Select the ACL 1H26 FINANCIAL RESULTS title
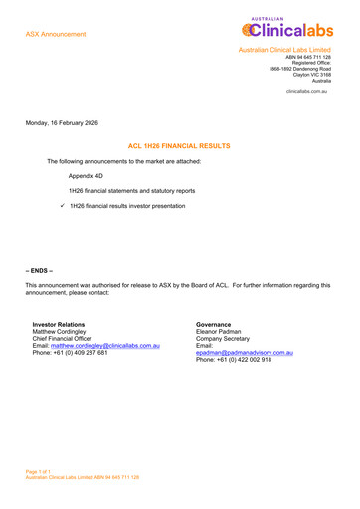[179, 145]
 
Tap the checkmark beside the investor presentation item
[62, 205]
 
